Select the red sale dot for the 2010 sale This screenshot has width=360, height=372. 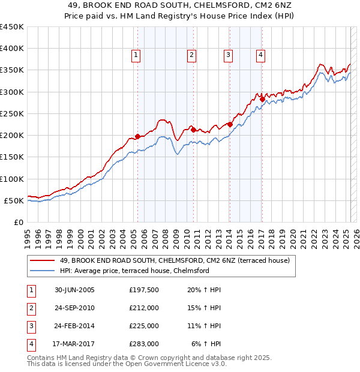(x=193, y=128)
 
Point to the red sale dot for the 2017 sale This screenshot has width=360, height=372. (x=262, y=100)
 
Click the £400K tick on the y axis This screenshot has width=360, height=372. (x=12, y=49)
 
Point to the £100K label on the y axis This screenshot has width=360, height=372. (x=12, y=179)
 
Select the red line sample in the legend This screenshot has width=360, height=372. (x=42, y=260)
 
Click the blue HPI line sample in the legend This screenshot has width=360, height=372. (x=42, y=271)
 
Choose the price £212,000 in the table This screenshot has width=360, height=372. (x=144, y=308)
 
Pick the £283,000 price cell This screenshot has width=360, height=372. (x=144, y=344)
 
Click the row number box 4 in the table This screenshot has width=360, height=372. (x=30, y=344)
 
